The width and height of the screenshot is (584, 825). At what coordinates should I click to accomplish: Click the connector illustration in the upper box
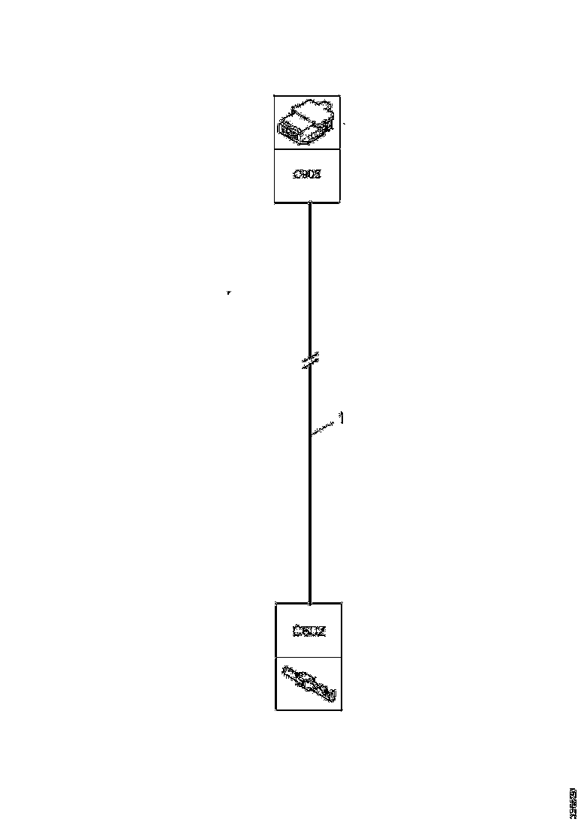coord(306,123)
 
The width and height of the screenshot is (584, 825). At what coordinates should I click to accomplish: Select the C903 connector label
coord(306,175)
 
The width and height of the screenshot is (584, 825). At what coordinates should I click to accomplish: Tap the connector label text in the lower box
coord(309,630)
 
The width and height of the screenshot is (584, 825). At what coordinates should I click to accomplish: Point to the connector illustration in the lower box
coord(309,683)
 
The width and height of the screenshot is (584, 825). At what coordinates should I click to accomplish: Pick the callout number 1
coord(341,418)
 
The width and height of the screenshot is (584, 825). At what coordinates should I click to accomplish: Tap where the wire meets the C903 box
coord(310,202)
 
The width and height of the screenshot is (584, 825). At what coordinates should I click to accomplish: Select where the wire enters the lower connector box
coord(310,602)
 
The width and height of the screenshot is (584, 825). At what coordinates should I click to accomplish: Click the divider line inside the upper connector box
coord(306,149)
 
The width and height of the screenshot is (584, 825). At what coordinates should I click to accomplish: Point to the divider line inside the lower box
coord(309,657)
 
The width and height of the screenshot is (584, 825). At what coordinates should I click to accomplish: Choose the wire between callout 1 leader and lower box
coord(310,517)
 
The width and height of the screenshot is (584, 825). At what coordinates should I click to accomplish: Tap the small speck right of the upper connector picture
coord(344,121)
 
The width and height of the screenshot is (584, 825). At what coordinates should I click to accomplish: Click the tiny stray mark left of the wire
coord(228,292)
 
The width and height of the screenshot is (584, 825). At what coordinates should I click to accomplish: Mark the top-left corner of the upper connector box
coord(274,96)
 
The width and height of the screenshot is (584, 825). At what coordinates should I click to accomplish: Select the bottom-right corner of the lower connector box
coord(342,709)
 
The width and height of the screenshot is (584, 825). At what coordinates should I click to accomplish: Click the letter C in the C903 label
coord(294,175)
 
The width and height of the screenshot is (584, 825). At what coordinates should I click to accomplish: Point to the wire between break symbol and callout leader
coord(310,397)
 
